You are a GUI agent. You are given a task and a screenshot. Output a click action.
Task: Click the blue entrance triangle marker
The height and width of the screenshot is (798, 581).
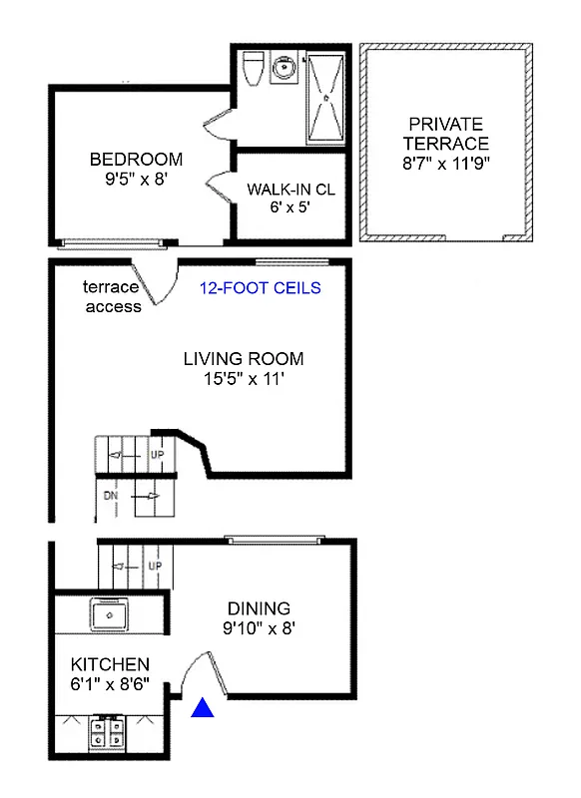click(x=204, y=708)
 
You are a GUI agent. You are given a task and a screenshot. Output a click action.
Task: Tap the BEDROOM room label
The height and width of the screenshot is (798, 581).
click(x=136, y=159)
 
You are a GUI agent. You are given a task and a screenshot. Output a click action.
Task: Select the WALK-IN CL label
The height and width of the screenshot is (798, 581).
click(x=289, y=189)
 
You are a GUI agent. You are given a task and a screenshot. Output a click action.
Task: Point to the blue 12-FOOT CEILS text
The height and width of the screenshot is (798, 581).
click(x=261, y=288)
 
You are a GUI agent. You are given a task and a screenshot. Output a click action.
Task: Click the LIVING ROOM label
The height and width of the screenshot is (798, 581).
click(x=244, y=359)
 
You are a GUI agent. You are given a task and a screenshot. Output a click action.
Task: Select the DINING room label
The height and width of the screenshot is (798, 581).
click(x=259, y=607)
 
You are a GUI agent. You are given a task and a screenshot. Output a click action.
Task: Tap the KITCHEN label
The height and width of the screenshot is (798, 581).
click(x=110, y=664)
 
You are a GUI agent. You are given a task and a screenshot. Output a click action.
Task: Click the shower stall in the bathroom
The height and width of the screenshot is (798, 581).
click(x=323, y=98)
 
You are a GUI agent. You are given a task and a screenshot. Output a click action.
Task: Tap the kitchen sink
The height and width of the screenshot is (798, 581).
click(x=106, y=615)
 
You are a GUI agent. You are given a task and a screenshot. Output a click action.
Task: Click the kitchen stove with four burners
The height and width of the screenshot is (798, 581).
click(x=107, y=732)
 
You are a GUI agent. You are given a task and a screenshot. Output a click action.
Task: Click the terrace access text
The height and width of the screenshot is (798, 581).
click(x=113, y=297)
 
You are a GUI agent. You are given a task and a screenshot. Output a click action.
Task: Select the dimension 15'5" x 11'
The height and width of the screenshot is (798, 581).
click(x=244, y=379)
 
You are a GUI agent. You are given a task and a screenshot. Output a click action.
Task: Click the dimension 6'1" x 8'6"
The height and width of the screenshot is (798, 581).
click(x=110, y=685)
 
